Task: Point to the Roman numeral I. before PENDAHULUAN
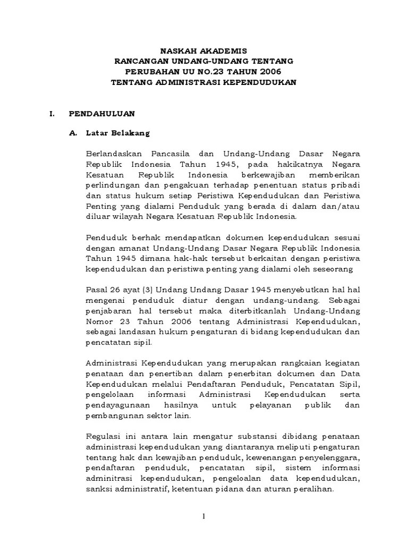[x=52, y=114]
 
